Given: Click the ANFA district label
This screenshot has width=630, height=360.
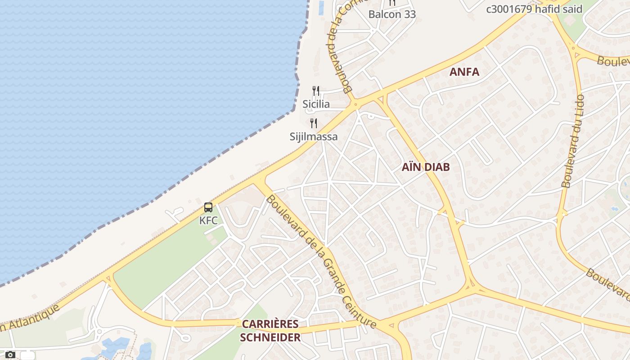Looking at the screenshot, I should pos(464,72).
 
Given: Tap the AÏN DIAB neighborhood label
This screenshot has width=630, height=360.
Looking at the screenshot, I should pos(426,167).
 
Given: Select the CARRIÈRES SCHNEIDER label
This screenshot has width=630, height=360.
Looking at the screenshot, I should pos(270,331).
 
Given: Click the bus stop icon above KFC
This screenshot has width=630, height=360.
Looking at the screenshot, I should pos(208,207).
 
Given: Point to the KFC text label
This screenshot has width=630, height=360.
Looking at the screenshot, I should pos(208,220).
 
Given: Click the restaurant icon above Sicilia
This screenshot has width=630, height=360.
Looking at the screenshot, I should pos(316,91).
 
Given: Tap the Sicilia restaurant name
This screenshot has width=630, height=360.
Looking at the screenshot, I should pos(316,104).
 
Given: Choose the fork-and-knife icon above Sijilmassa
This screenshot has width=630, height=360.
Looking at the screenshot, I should pos(314,123).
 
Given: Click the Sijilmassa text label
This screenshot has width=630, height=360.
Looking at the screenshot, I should pos(314,136).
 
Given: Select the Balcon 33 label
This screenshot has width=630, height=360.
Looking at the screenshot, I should pos(392,14).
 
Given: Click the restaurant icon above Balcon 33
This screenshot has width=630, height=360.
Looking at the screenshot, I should pos(392,3).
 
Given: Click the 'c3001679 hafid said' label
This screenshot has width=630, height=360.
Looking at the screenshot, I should pos(534,9).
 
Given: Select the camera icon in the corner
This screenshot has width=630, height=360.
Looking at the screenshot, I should pos(10,355).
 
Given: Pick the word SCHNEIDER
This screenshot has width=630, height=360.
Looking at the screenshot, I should pos(270,337).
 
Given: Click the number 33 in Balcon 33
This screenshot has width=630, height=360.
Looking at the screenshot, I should pos(409,14).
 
